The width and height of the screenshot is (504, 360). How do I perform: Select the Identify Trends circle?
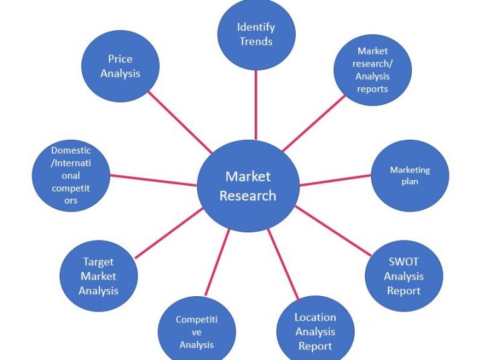click(256, 34)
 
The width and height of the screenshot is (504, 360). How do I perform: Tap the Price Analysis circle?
click(120, 66)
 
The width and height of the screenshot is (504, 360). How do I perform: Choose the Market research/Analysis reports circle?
click(372, 70)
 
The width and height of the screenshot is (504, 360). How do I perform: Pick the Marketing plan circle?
click(409, 176)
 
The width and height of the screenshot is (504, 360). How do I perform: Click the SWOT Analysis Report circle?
click(403, 276)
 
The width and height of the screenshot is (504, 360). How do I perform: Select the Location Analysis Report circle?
click(315, 331)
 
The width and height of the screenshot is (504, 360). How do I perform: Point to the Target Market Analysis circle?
click(99, 276)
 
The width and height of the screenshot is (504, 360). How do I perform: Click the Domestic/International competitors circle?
click(71, 175)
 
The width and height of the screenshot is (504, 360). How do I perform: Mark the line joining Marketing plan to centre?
click(336, 179)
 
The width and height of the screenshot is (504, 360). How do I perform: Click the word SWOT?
click(403, 262)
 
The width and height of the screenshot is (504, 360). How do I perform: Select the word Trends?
click(256, 42)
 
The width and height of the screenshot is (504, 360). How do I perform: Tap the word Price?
click(120, 58)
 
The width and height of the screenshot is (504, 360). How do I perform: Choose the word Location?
click(315, 317)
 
